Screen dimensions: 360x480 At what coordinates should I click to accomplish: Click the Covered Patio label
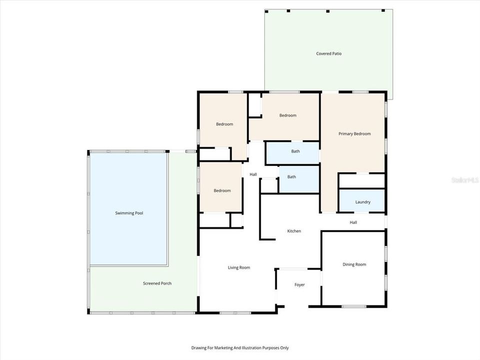point(328,53)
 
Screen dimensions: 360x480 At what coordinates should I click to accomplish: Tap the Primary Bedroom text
point(354,133)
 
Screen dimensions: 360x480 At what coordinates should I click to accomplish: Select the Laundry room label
point(362,202)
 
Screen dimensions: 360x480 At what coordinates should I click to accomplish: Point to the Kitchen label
point(294,231)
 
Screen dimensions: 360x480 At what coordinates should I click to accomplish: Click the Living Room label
point(239,267)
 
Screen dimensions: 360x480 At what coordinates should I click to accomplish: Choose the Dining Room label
point(354,264)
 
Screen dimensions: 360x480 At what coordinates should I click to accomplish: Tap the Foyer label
point(299,285)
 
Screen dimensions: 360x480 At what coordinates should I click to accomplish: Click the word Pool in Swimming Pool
point(138,213)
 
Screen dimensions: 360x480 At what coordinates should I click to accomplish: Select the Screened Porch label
point(157,283)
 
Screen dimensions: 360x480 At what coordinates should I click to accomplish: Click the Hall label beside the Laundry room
point(353,222)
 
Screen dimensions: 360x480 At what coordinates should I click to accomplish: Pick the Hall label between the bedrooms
point(253,174)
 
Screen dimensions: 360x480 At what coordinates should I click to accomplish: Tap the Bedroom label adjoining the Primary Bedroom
point(287,115)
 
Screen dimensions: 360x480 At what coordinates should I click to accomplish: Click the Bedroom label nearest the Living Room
point(222,190)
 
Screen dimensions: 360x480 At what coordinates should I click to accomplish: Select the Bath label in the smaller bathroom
point(291,176)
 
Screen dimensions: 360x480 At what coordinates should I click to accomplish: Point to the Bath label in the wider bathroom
point(295,151)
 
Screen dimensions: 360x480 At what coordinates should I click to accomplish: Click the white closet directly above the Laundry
point(362,181)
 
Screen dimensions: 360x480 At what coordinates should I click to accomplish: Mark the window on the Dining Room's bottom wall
point(353,306)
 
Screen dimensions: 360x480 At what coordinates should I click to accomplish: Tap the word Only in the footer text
point(283,347)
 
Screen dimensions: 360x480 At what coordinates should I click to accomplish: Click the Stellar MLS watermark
point(464,178)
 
